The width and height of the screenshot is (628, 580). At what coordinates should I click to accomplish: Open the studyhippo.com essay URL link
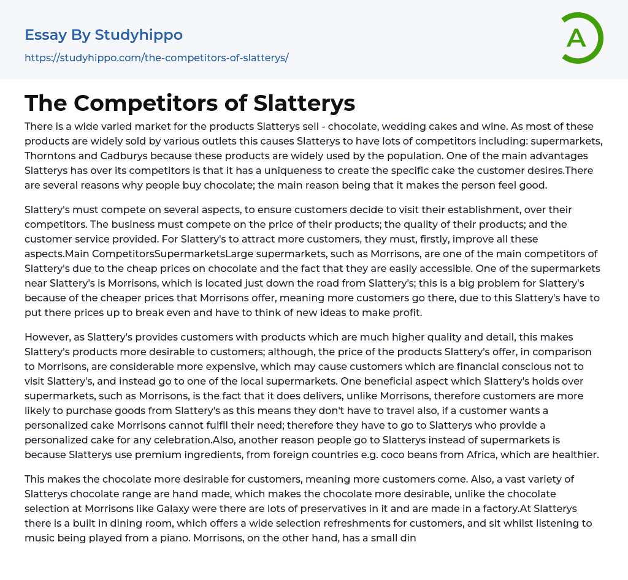coord(156,58)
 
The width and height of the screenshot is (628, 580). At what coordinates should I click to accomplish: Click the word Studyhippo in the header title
coord(139,35)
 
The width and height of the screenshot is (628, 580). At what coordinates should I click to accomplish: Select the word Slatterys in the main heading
coord(304,103)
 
